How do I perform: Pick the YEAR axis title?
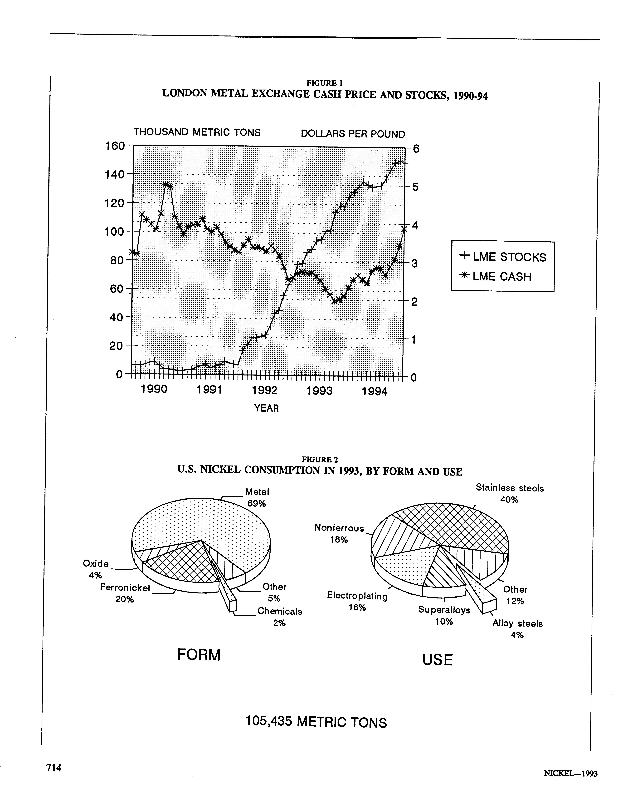266,408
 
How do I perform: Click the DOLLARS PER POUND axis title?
353,134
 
